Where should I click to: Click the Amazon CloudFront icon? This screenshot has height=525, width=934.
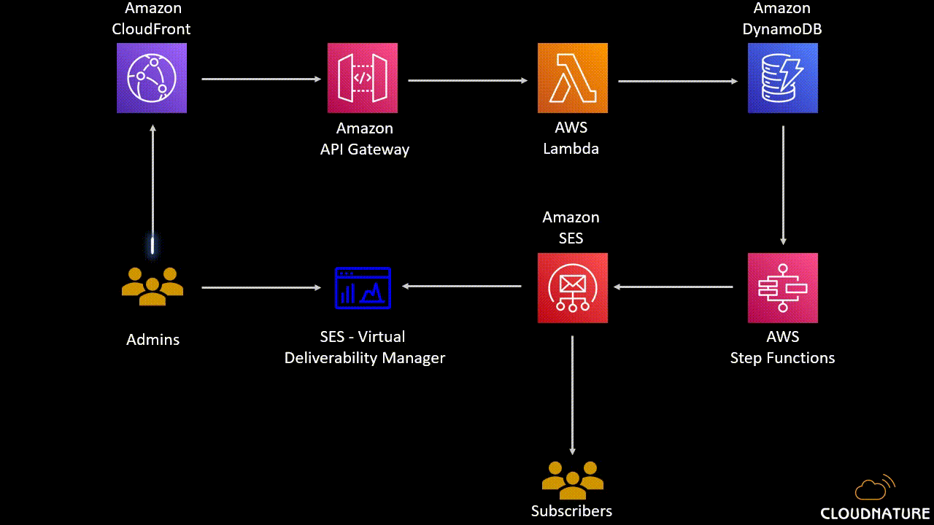tap(152, 78)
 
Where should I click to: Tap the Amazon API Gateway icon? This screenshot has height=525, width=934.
tap(363, 78)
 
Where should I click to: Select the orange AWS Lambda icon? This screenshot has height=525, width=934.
tap(572, 78)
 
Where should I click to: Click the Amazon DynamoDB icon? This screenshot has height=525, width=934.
tap(782, 78)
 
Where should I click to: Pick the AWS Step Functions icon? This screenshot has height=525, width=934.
tap(782, 288)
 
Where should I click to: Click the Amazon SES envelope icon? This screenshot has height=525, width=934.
tap(572, 288)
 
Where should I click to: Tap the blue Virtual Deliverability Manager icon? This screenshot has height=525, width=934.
tap(363, 287)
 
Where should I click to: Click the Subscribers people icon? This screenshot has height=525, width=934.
tap(572, 478)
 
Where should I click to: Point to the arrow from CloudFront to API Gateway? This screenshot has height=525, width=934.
tap(261, 79)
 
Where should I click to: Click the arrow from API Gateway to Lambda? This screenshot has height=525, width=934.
tap(467, 80)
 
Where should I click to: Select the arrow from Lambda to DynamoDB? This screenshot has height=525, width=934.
tap(677, 81)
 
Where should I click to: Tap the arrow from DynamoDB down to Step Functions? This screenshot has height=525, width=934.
tap(783, 185)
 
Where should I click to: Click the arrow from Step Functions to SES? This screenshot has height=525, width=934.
tap(673, 287)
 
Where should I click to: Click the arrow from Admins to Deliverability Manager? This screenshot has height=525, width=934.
tap(261, 287)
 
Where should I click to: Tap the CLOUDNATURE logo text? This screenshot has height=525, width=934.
tap(875, 513)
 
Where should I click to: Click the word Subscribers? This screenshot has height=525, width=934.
tap(571, 510)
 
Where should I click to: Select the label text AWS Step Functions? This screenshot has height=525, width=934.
tap(782, 347)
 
